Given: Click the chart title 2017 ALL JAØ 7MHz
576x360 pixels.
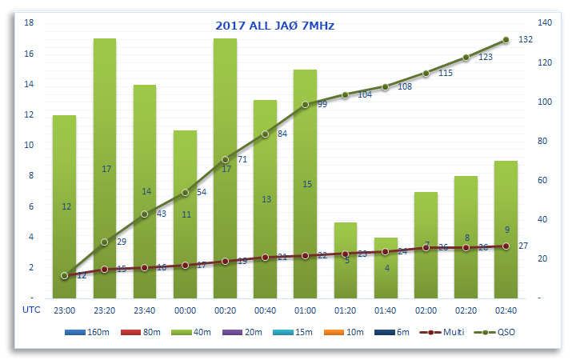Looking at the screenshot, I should click(x=274, y=26).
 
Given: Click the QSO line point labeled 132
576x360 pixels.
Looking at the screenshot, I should click(x=506, y=39).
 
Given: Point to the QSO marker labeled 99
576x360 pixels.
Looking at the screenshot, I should click(x=306, y=104).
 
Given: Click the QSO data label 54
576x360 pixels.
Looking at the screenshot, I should click(x=202, y=192).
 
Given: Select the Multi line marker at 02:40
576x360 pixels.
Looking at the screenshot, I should click(x=506, y=246).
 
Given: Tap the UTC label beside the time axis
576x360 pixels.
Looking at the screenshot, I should click(x=30, y=309).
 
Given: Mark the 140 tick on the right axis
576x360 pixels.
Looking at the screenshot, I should click(x=545, y=22).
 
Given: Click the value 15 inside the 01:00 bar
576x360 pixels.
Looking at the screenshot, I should click(x=306, y=184).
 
